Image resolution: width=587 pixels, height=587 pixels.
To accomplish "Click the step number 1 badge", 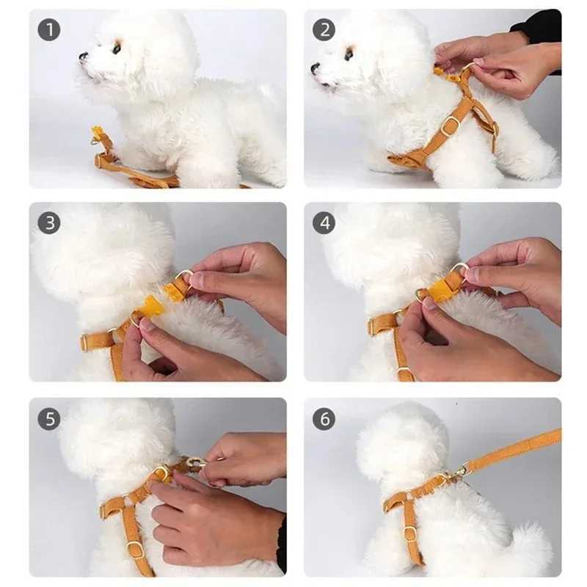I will point(48,30).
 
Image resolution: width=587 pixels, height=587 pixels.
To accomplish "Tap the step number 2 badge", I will point(324,30).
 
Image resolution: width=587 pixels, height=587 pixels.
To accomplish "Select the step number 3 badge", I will point(48,223).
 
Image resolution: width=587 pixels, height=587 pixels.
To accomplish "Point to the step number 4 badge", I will point(324,223).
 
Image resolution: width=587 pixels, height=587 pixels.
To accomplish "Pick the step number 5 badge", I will point(48,419).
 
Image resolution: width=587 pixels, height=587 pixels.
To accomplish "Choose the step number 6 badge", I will point(324,419).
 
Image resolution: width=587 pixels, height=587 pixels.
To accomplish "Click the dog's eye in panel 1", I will point(116,49).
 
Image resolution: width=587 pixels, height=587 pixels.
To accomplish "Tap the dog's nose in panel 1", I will point(83,56).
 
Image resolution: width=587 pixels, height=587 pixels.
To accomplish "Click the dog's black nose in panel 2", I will point(315,68).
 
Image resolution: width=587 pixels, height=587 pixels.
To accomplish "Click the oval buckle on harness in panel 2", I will point(451,125).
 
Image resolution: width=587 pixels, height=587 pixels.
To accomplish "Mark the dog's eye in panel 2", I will point(349,53).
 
